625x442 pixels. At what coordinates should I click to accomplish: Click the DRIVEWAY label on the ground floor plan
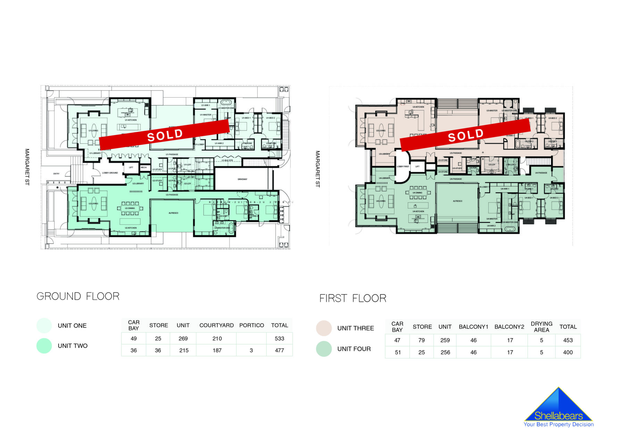tap(242, 179)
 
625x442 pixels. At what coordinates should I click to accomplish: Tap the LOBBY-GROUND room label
tap(110, 173)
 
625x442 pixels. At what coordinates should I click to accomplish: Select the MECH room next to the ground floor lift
tap(143, 167)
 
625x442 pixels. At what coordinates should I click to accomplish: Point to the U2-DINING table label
tap(130, 208)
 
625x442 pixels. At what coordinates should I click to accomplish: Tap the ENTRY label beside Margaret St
tap(56, 174)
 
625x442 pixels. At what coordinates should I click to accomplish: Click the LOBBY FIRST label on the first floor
tap(403, 167)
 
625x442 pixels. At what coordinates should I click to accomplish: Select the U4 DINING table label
tap(417, 193)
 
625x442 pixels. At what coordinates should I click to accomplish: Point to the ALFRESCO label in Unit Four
tap(457, 201)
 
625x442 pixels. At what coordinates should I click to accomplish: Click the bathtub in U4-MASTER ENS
tap(510, 229)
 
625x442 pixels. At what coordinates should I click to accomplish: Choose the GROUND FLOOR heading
tap(78, 296)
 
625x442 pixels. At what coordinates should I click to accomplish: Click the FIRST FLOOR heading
tap(353, 298)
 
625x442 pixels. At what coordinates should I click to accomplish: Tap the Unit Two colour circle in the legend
tap(44, 346)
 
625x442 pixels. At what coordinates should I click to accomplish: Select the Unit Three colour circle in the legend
tap(324, 328)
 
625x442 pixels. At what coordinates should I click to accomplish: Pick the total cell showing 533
tap(279, 339)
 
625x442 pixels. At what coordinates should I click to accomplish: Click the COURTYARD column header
tap(216, 325)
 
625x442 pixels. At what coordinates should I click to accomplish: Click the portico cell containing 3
tap(251, 350)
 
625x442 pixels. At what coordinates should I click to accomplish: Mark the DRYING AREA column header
tap(541, 327)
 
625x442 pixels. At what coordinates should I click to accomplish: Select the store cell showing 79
tap(422, 340)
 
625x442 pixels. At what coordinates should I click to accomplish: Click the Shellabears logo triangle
tap(558, 406)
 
